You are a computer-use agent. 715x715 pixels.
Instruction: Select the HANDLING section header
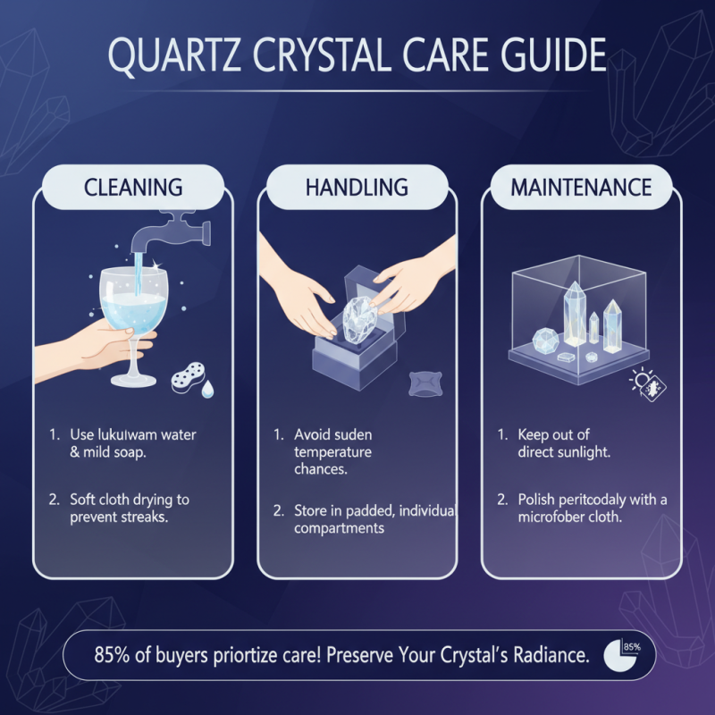pyautogui.click(x=357, y=188)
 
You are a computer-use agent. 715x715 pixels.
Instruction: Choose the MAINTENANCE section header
pyautogui.click(x=580, y=188)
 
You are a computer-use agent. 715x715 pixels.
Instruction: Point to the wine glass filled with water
pyautogui.click(x=134, y=313)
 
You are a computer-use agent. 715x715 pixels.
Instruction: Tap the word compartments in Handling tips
pyautogui.click(x=340, y=528)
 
